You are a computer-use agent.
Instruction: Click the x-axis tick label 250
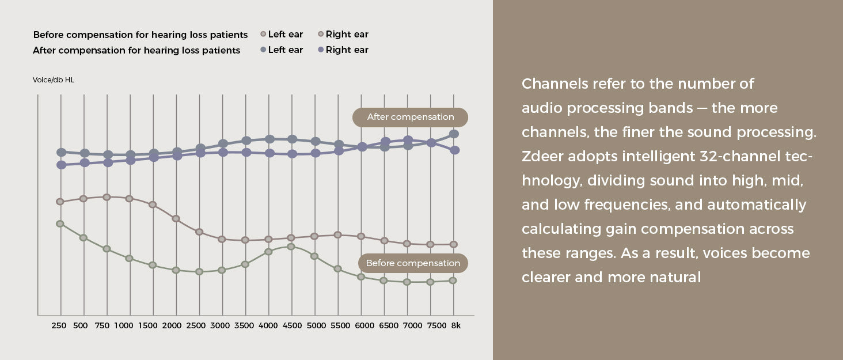click(x=59, y=325)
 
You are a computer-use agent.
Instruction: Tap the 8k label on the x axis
click(x=455, y=325)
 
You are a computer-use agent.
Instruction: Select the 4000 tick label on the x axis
click(x=268, y=325)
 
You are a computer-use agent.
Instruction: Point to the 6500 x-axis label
click(x=388, y=325)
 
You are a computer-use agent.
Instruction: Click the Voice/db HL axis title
click(x=54, y=80)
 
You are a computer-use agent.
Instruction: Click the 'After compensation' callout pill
click(x=410, y=117)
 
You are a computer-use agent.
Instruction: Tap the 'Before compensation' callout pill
click(x=413, y=263)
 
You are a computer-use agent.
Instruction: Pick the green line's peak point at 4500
click(x=291, y=247)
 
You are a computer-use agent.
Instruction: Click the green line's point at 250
click(x=60, y=223)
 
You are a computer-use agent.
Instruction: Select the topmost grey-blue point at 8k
click(x=454, y=134)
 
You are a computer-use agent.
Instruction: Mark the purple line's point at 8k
click(x=455, y=150)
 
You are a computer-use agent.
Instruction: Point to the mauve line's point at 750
click(x=107, y=197)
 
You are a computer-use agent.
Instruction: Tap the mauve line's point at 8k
click(x=454, y=244)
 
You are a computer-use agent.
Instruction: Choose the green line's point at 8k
click(x=453, y=281)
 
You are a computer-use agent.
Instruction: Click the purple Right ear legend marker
click(x=321, y=50)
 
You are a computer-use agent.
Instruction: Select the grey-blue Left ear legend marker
click(x=263, y=50)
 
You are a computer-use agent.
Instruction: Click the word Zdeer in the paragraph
click(x=542, y=156)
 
